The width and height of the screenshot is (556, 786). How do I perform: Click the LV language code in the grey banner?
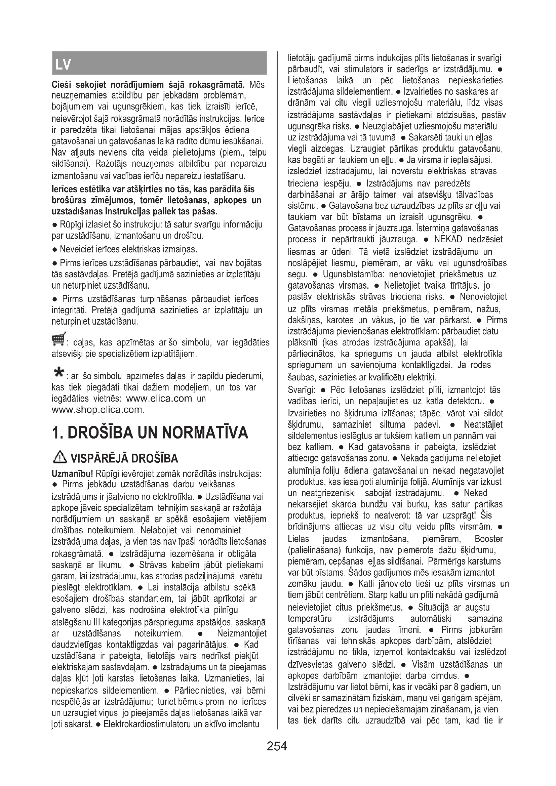click(63, 64)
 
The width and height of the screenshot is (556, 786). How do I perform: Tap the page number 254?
click(277, 746)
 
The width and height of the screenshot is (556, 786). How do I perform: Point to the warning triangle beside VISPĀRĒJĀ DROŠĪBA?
click(59, 458)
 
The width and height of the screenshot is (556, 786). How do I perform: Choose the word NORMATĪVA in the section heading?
click(205, 433)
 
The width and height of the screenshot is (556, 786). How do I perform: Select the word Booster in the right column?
click(488, 539)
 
